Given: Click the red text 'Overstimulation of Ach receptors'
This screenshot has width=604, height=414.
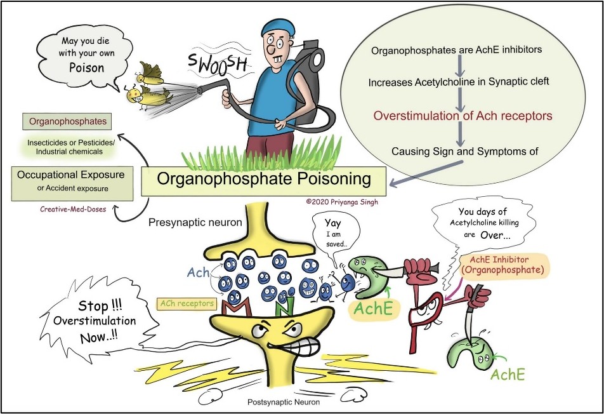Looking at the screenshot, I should [463, 116].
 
